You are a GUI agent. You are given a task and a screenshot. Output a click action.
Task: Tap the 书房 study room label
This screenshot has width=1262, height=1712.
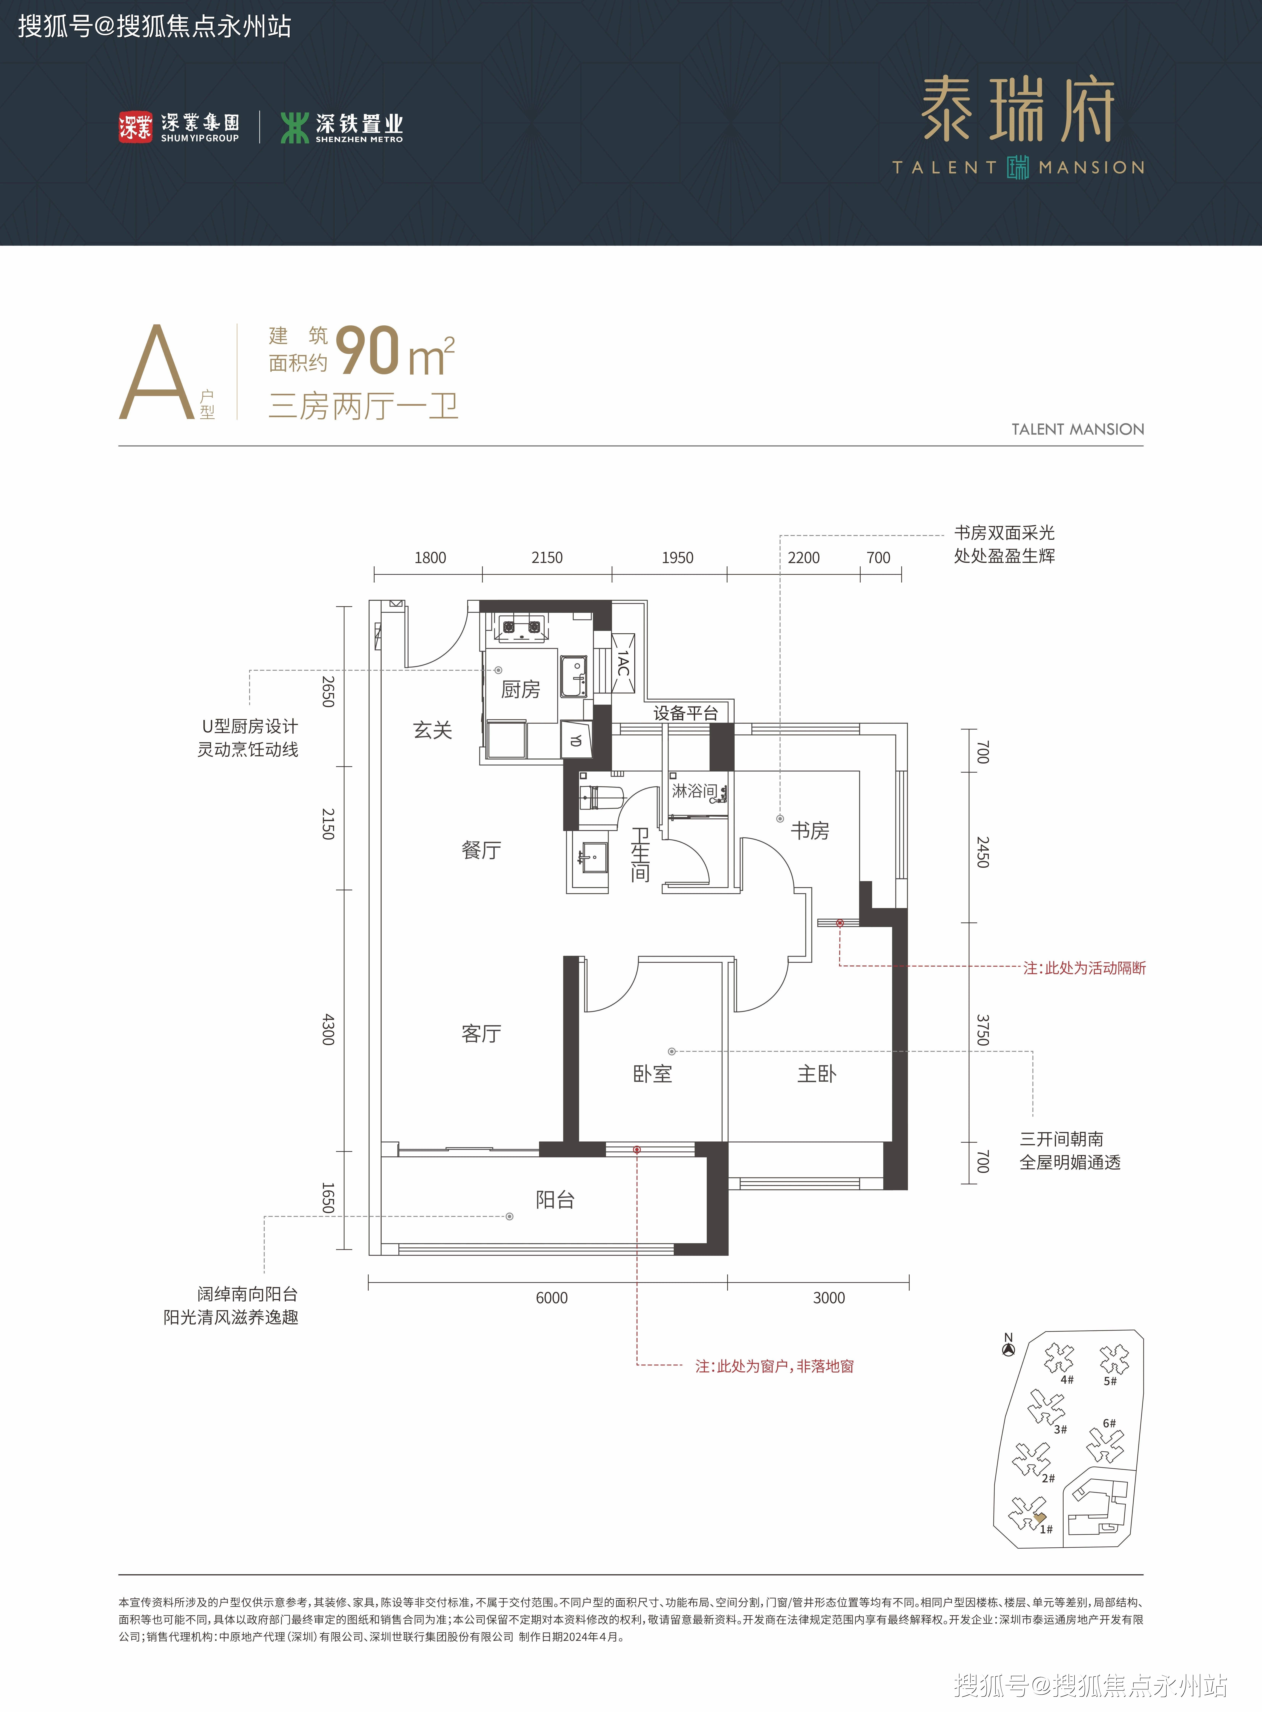(810, 831)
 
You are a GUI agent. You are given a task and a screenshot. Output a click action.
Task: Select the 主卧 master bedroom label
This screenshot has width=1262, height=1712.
(817, 1074)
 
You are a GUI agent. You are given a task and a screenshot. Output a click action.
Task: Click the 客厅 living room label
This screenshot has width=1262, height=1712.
(481, 1034)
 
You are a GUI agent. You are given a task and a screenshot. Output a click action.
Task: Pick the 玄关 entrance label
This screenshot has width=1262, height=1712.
(432, 730)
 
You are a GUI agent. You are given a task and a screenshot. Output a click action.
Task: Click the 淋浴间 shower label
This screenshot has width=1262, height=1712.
(694, 791)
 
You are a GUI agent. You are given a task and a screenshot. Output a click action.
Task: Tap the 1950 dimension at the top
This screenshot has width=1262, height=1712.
(678, 558)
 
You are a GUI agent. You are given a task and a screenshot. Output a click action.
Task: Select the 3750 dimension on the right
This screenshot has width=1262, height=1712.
(983, 1030)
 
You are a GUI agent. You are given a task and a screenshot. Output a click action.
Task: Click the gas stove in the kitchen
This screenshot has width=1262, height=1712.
(519, 628)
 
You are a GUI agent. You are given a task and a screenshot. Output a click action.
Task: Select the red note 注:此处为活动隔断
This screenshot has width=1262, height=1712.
(1085, 968)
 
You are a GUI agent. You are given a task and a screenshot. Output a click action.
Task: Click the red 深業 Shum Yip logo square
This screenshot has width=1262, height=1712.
(135, 127)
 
